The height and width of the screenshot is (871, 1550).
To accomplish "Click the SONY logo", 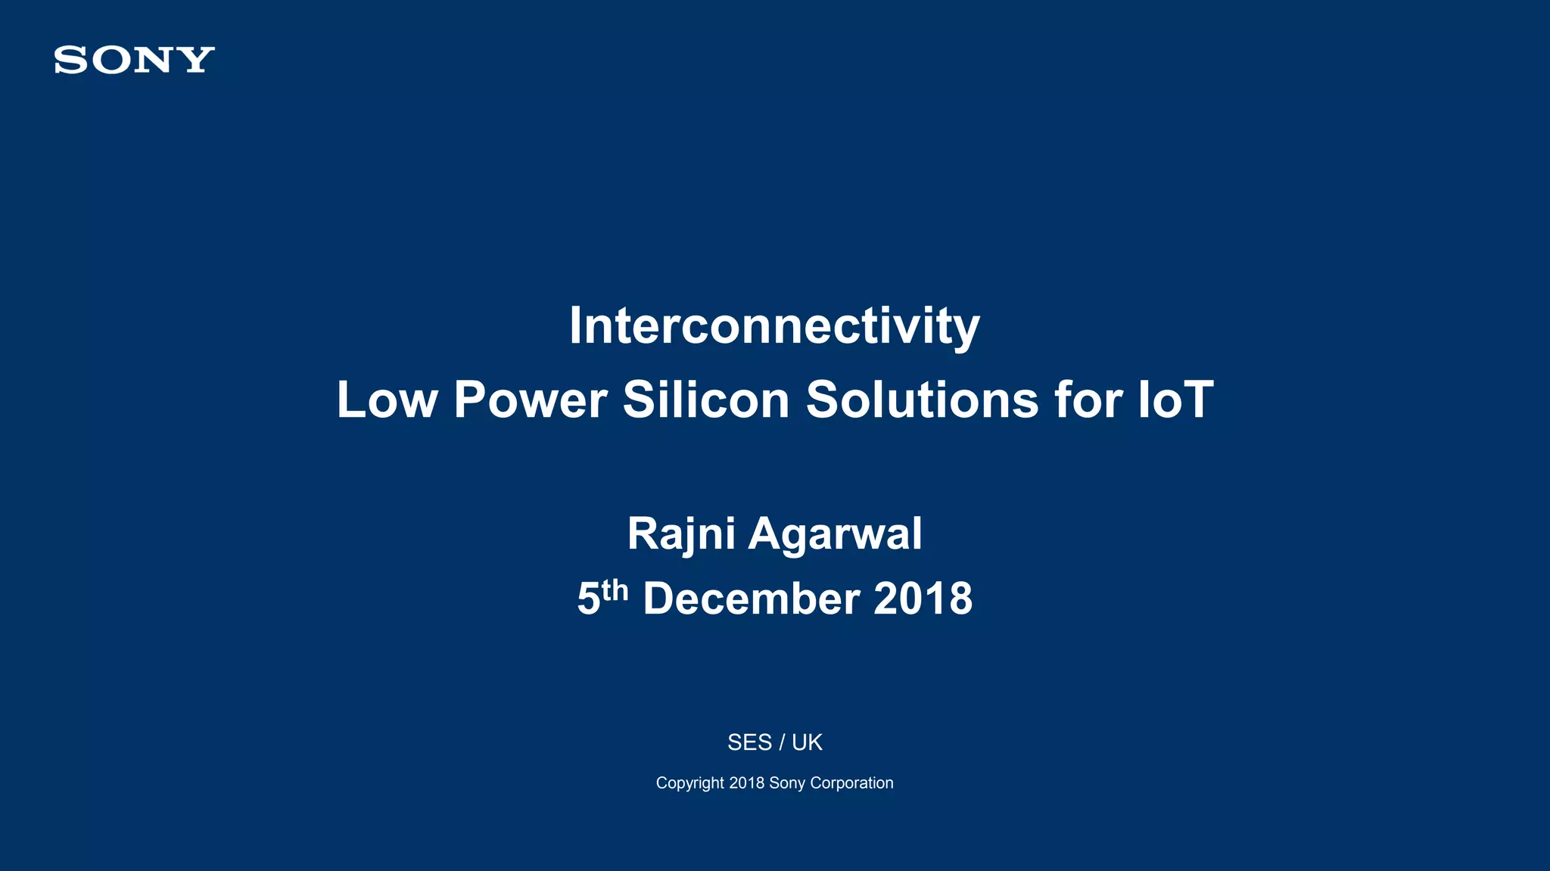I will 135,60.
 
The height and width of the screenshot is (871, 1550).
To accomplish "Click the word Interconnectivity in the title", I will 774,326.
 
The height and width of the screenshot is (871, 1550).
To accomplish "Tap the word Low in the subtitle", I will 387,400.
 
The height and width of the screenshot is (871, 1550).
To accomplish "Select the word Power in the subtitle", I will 530,400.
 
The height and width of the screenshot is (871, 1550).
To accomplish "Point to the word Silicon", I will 706,400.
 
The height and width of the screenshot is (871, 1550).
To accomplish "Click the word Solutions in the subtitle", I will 922,400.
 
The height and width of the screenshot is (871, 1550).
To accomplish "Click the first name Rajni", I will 680,534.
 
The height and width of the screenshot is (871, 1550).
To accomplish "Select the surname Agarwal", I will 835,534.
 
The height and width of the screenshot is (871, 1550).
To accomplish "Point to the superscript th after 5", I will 615,590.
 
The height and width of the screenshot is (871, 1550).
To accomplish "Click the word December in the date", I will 751,599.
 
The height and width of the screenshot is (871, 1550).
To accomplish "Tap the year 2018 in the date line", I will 923,599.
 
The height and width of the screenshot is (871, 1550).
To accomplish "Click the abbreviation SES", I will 749,742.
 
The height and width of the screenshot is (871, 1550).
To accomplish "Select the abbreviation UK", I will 807,742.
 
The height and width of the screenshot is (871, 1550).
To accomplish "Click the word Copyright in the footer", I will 689,783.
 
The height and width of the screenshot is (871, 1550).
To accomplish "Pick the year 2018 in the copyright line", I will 746,783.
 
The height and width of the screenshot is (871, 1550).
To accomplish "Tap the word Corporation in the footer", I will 851,783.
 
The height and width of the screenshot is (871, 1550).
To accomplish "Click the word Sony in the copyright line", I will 787,783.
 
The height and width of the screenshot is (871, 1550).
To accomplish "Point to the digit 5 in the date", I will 588,599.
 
